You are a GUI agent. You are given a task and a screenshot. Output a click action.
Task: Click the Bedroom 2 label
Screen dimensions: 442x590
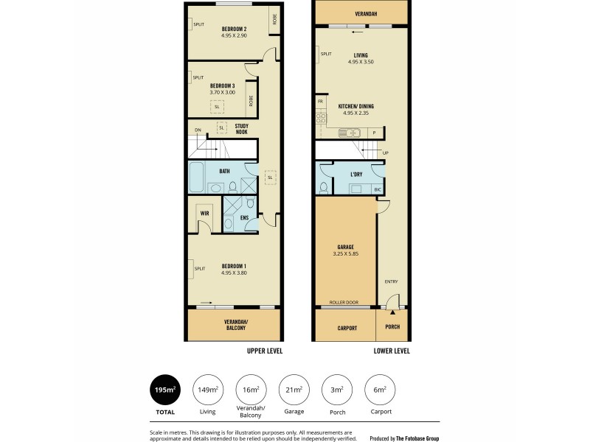[x=233, y=29]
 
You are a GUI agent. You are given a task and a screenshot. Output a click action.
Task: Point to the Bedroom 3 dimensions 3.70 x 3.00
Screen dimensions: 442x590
[x=222, y=92]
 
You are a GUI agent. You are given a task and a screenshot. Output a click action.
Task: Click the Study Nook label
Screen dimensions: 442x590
[x=241, y=130]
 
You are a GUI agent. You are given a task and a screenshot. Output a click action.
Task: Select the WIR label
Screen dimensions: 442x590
[x=203, y=214]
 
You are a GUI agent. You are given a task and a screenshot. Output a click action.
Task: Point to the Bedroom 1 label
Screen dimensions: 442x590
[x=233, y=266]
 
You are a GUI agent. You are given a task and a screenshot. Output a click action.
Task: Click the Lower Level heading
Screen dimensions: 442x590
[x=391, y=351]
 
